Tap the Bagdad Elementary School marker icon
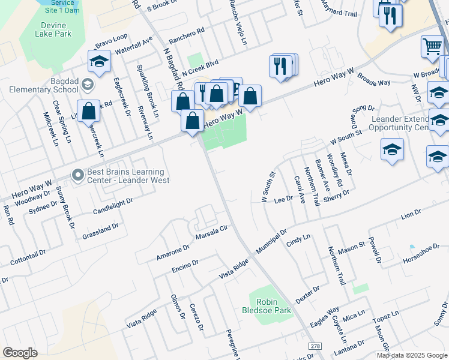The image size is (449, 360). point(88,84)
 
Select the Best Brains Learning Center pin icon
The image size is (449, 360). point(77,175)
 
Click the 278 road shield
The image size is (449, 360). point(315,347)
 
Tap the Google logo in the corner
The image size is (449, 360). point(20,352)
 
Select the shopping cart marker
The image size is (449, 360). point(432,46)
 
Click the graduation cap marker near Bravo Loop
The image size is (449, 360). point(100,61)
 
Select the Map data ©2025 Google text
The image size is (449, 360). point(412,355)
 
